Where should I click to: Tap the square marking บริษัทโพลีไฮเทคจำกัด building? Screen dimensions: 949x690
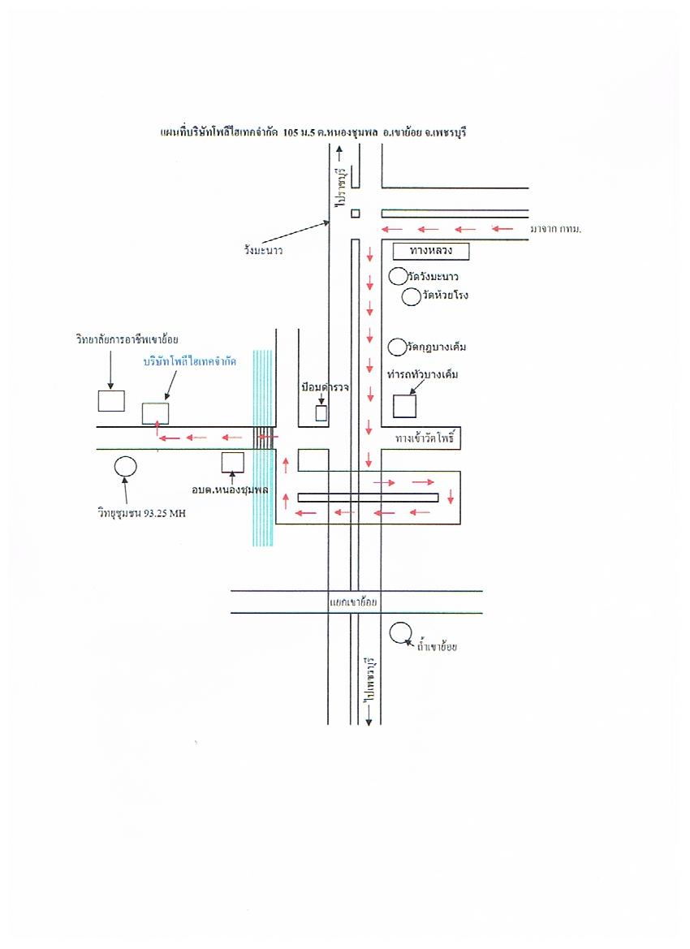(155, 413)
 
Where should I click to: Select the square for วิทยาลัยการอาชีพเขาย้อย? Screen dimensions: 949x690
(110, 401)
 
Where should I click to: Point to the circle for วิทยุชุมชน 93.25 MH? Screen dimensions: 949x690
(125, 466)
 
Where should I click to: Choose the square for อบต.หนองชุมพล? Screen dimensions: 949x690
(233, 462)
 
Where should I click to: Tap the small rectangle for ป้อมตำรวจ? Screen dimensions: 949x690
(321, 412)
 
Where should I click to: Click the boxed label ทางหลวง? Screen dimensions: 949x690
(430, 252)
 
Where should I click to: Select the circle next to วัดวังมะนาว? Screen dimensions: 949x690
(398, 276)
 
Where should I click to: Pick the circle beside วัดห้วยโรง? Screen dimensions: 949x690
(412, 296)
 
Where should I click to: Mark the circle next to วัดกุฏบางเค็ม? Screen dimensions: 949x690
(397, 347)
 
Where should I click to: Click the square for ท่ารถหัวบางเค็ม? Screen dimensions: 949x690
(404, 406)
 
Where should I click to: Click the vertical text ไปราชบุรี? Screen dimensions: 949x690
(342, 186)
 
